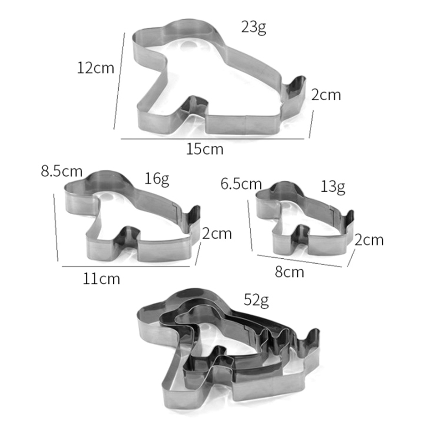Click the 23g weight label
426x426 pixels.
coord(253,28)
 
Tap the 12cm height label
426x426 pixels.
coord(96,68)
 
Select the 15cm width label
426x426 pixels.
coord(205,149)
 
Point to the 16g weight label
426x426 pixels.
coord(157,179)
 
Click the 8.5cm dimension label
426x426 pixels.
coord(62,171)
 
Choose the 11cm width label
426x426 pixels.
coord(101,278)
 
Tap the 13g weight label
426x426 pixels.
coord(333,187)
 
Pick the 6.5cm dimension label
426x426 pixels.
coord(241,184)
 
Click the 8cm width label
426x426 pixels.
coord(289,272)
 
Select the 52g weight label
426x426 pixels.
coord(256,300)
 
